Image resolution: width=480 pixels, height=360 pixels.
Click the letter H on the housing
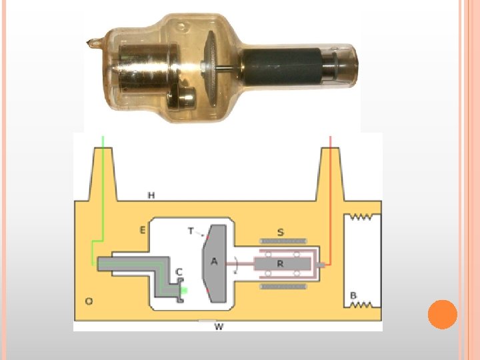[151, 195]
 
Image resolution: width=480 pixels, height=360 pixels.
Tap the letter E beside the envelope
[143, 230]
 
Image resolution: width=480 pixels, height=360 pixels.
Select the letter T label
[191, 231]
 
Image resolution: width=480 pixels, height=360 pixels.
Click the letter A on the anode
[214, 261]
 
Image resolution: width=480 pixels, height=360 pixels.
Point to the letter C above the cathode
[179, 271]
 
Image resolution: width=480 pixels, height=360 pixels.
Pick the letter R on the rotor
[280, 263]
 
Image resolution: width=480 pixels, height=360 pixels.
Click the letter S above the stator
[281, 233]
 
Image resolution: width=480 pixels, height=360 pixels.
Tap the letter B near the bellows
[353, 295]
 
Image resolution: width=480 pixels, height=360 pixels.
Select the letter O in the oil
[89, 301]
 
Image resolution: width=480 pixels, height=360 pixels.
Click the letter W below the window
[219, 327]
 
